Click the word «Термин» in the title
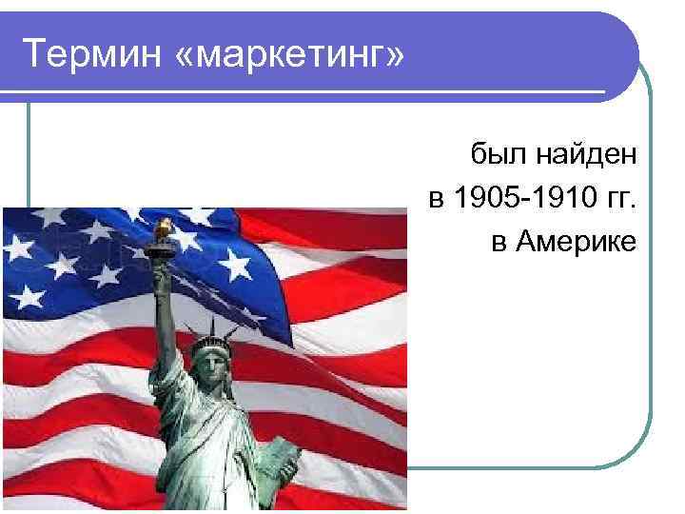click(81, 55)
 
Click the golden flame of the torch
click(163, 227)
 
